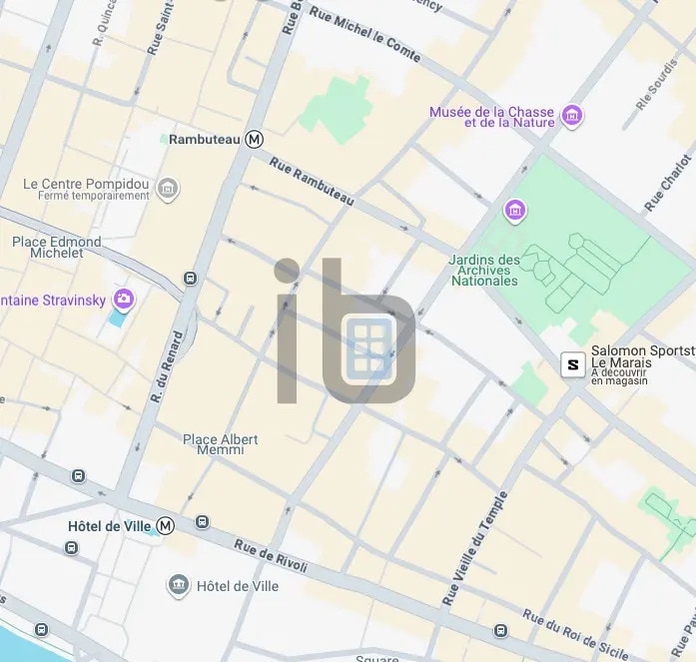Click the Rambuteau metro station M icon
pyautogui.click(x=255, y=140)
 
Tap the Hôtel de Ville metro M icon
pyautogui.click(x=166, y=525)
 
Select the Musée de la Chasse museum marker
pyautogui.click(x=572, y=117)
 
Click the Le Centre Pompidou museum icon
pyautogui.click(x=168, y=188)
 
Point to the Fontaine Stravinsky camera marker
pyautogui.click(x=124, y=299)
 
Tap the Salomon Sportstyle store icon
pyautogui.click(x=572, y=364)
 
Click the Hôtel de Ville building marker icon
pyautogui.click(x=179, y=585)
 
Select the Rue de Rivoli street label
pyautogui.click(x=271, y=556)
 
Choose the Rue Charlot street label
pyautogui.click(x=668, y=183)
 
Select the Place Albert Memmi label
pyautogui.click(x=220, y=444)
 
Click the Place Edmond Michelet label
pyautogui.click(x=56, y=248)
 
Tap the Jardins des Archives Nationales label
pyautogui.click(x=484, y=270)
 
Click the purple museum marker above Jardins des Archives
pyautogui.click(x=515, y=211)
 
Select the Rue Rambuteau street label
pyautogui.click(x=312, y=184)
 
